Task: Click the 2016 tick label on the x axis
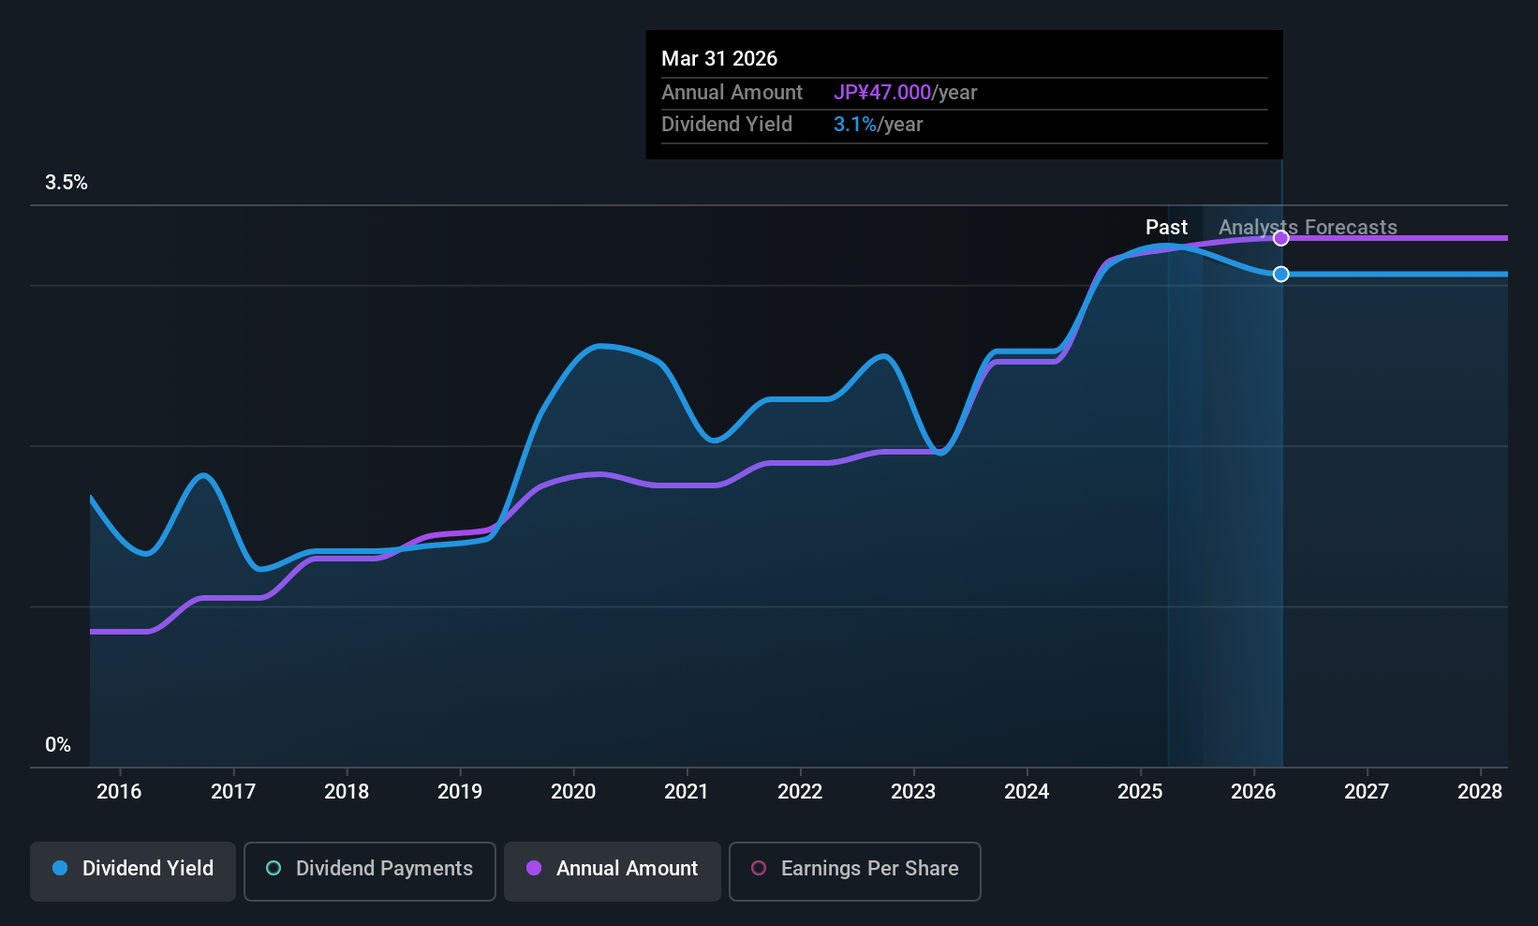[119, 791]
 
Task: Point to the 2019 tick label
[459, 791]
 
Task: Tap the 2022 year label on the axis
[799, 791]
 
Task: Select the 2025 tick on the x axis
[1139, 791]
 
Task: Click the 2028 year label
[1479, 791]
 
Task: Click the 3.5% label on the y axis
[66, 183]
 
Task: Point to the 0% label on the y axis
[57, 744]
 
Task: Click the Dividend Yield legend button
[133, 869]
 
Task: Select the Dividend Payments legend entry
[369, 869]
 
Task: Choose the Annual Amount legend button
[613, 869]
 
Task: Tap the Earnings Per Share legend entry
[854, 869]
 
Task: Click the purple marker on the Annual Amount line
[1280, 238]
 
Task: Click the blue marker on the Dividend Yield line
[1280, 274]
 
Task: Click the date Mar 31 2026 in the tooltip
[719, 58]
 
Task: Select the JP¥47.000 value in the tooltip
[881, 92]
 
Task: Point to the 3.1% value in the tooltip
[854, 124]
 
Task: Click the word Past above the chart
[1166, 227]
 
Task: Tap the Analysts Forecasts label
[1307, 227]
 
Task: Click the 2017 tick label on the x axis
[232, 791]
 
